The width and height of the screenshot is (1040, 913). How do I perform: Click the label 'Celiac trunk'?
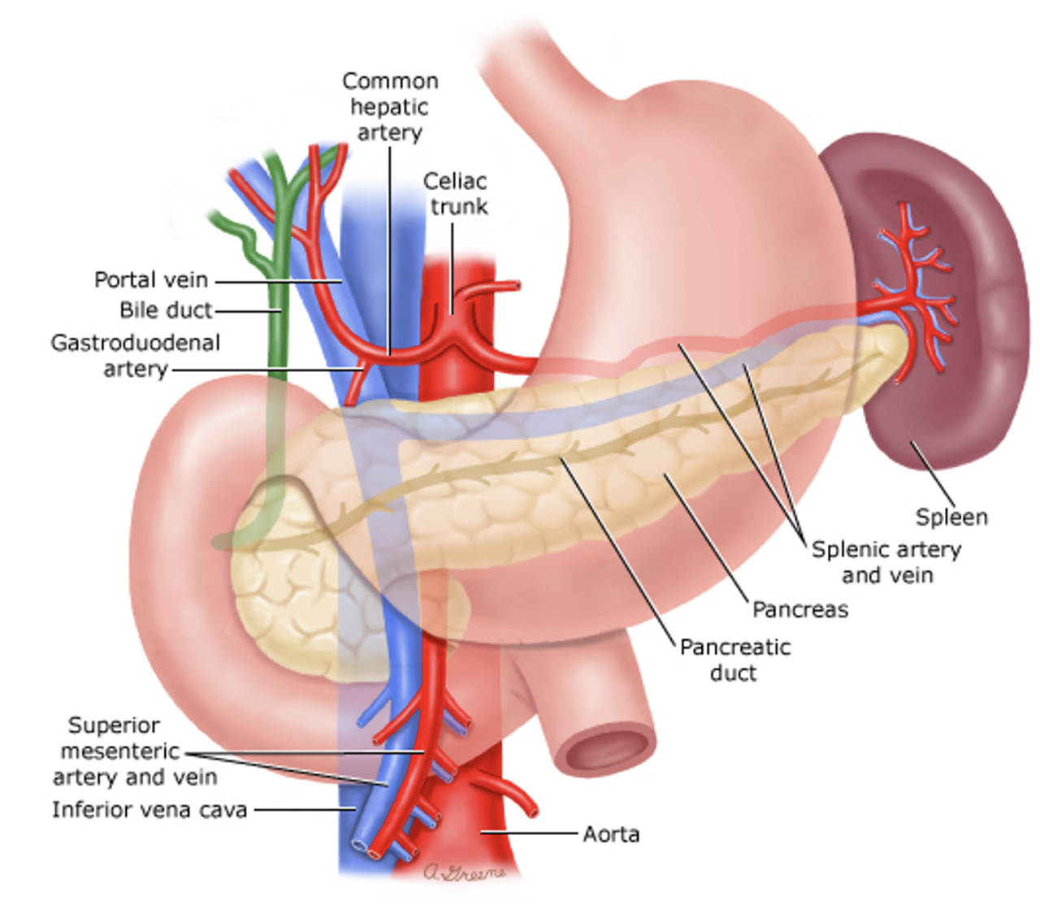[x=455, y=194]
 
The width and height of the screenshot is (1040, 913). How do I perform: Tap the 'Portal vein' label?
[x=151, y=280]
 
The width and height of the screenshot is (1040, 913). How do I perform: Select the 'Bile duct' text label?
[x=166, y=310]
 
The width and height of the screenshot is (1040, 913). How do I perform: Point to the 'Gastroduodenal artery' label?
[x=135, y=356]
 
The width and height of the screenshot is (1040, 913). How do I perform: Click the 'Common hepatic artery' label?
[x=390, y=106]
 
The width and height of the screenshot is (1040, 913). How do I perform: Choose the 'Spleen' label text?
[x=951, y=517]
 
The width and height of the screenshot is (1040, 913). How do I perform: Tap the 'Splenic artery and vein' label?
[x=886, y=562]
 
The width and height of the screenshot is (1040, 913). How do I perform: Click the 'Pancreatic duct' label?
[x=734, y=660]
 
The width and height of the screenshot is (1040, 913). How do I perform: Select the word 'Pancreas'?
[x=799, y=609]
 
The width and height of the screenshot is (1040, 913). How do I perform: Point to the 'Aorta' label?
[x=611, y=834]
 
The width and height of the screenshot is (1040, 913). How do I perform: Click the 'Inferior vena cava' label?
[x=149, y=810]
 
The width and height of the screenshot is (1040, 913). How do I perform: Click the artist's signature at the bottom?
[x=464, y=872]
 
